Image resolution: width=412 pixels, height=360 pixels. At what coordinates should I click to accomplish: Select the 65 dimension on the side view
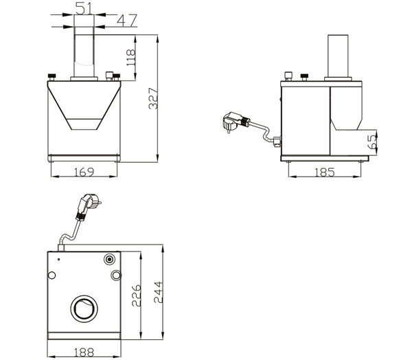371,142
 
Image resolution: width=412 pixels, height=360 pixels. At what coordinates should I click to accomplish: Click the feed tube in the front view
84,52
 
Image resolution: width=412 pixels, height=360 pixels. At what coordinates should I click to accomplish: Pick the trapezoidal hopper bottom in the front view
84,124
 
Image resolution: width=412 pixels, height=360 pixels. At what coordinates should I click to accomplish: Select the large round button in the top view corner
110,260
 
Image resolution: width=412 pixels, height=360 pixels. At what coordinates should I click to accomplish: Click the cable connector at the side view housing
275,143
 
